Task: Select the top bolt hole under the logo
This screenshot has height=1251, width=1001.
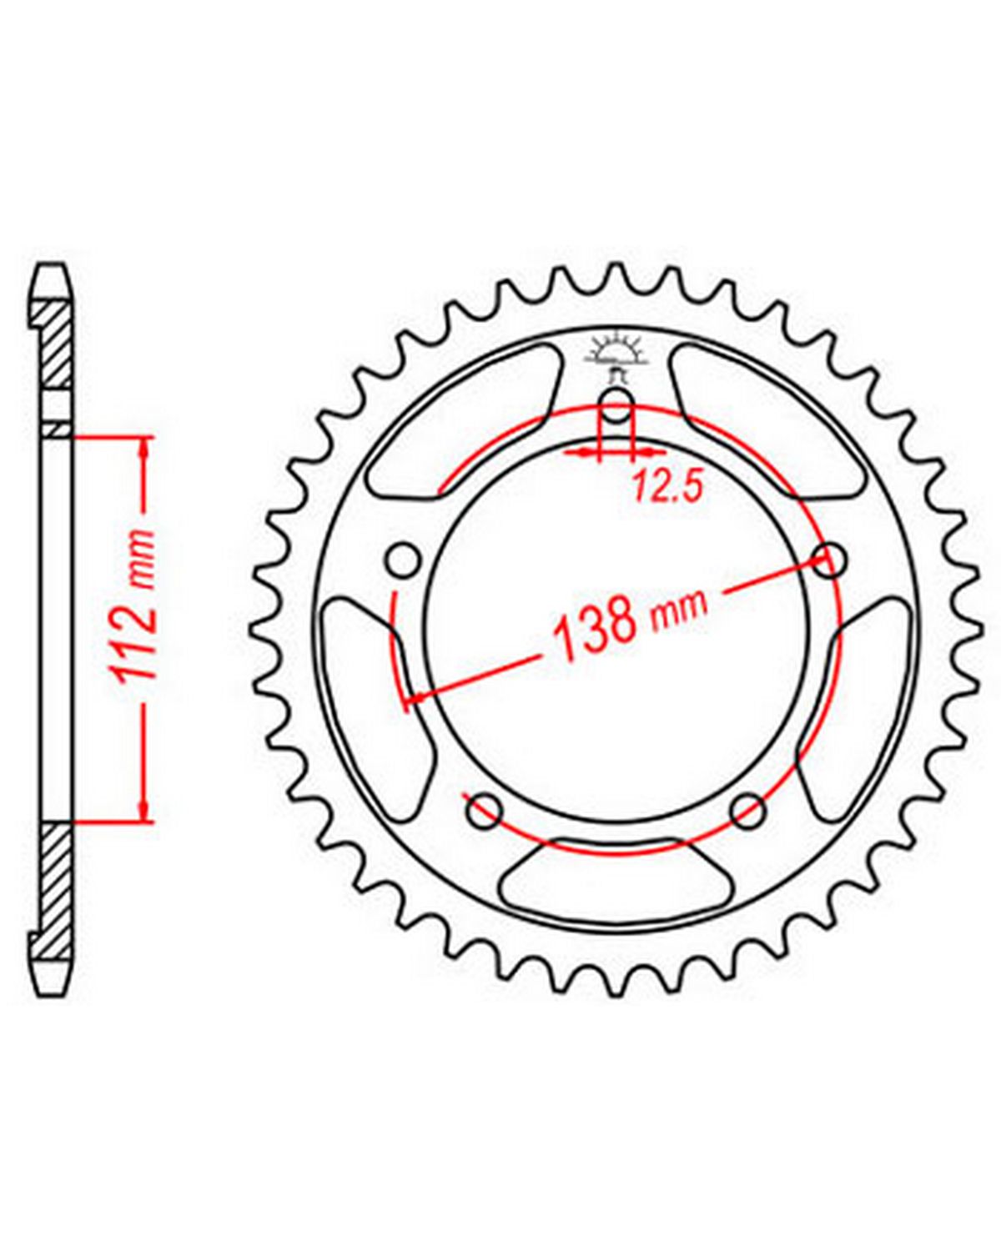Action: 616,407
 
